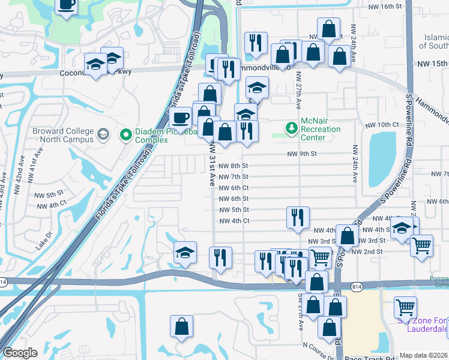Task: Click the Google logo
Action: tap(20, 353)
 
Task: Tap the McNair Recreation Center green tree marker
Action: tap(292, 127)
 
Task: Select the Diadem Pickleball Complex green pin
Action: tap(126, 134)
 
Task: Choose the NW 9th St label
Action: tap(301, 154)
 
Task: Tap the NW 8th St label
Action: tap(234, 166)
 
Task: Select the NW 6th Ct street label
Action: tap(234, 188)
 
